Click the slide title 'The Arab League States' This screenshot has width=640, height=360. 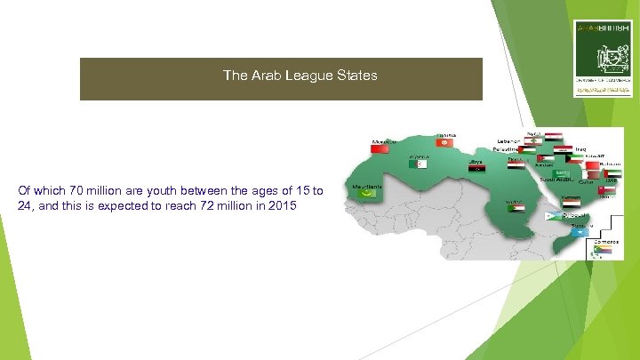[x=300, y=76]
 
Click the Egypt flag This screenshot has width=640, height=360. [x=515, y=164]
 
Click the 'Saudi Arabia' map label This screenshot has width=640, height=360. [x=556, y=179]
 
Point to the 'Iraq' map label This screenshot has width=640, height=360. [x=580, y=149]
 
